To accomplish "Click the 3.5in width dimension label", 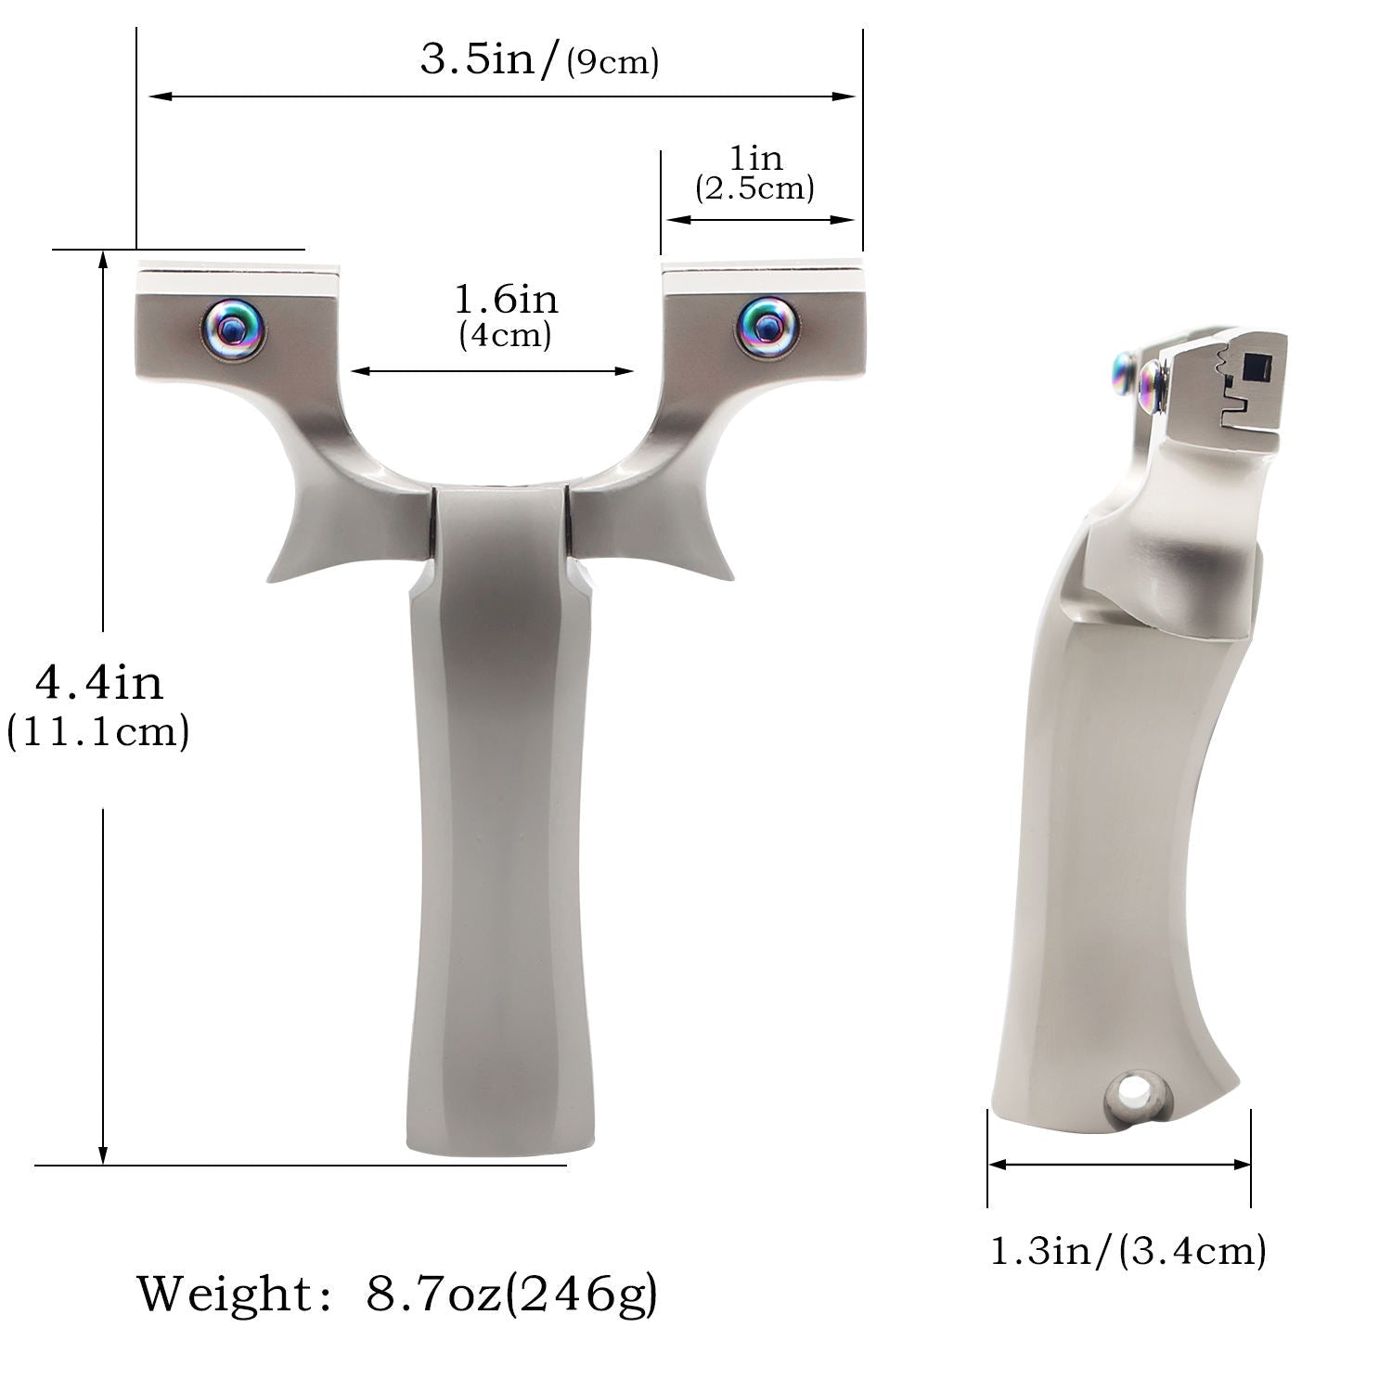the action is [490, 60].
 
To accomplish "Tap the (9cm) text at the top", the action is [612, 63].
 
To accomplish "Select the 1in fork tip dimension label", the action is [756, 158].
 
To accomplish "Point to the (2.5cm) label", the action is [754, 188].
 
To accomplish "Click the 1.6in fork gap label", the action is [506, 299].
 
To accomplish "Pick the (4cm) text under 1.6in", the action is [505, 335].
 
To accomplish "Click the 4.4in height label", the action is [98, 682].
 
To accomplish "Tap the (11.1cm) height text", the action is [98, 732].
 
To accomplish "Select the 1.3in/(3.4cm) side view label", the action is [1128, 1252].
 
